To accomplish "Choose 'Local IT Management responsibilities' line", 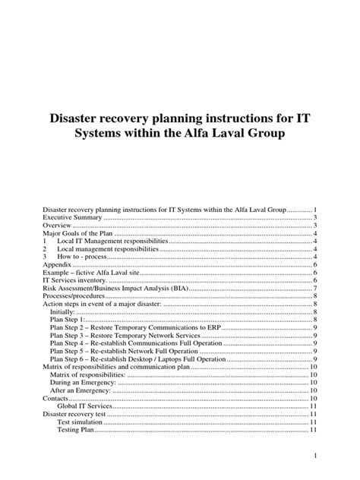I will pyautogui.click(x=109, y=241).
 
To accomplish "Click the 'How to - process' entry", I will pyautogui.click(x=80, y=257).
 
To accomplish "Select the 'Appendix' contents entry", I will pyautogui.click(x=57, y=266).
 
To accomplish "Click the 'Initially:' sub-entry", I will pyautogui.click(x=63, y=313).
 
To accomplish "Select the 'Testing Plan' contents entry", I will pyautogui.click(x=79, y=430).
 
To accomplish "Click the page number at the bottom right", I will pyautogui.click(x=314, y=456).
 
